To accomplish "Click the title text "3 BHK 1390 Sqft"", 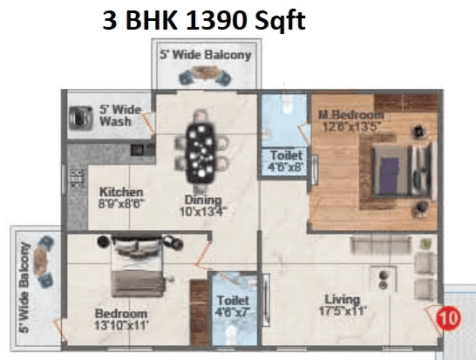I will pyautogui.click(x=203, y=20).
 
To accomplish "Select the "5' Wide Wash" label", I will pyautogui.click(x=114, y=115).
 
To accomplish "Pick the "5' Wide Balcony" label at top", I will pyautogui.click(x=206, y=54).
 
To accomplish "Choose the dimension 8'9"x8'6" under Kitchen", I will pyautogui.click(x=120, y=205).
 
